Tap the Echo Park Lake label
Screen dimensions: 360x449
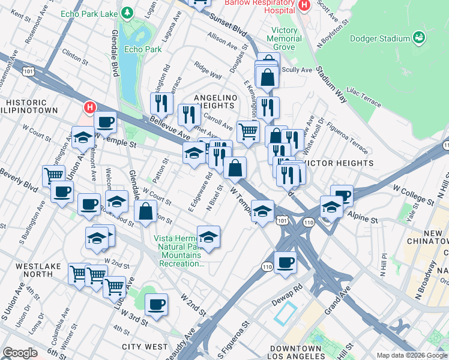click(88, 12)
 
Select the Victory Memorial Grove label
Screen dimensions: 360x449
click(285, 38)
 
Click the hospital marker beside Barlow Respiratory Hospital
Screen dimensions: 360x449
click(303, 5)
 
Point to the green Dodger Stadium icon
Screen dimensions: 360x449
click(420, 38)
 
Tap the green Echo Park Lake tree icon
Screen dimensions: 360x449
click(127, 12)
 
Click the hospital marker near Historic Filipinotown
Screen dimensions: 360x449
click(89, 107)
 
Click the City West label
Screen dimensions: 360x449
click(145, 347)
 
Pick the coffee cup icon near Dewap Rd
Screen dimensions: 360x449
click(285, 262)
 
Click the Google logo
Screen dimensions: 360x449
click(19, 353)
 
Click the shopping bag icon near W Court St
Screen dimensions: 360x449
click(146, 211)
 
